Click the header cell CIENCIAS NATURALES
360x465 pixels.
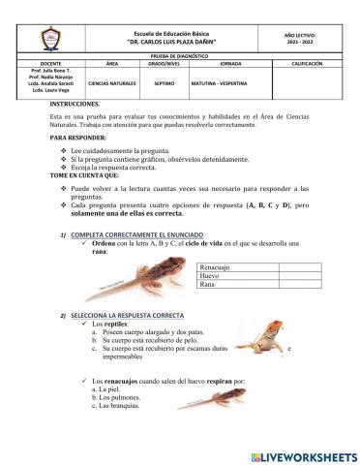click(112, 83)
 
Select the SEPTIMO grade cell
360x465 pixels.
click(164, 83)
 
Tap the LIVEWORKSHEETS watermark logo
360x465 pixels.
click(304, 455)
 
